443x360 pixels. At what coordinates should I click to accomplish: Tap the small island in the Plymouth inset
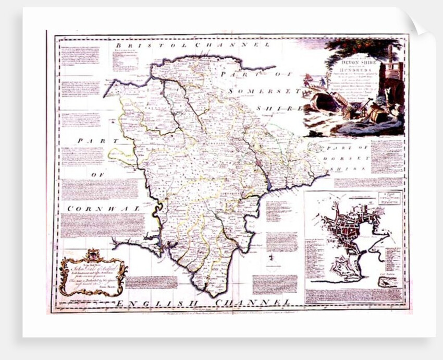(386, 282)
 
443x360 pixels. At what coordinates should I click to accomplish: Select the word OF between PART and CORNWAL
(97, 175)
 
